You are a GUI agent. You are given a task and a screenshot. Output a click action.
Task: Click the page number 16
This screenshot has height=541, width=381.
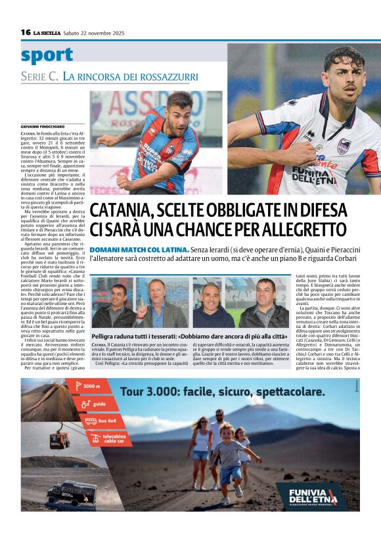tap(26, 32)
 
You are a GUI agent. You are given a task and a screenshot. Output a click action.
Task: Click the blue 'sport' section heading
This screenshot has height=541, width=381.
tap(47, 55)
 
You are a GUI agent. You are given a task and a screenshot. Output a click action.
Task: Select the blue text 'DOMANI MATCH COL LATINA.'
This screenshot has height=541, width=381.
tap(129, 250)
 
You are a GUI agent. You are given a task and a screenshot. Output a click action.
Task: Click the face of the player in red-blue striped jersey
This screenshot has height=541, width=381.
tap(179, 105)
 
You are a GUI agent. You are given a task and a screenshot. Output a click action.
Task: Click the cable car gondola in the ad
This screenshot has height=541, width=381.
tap(60, 438)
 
